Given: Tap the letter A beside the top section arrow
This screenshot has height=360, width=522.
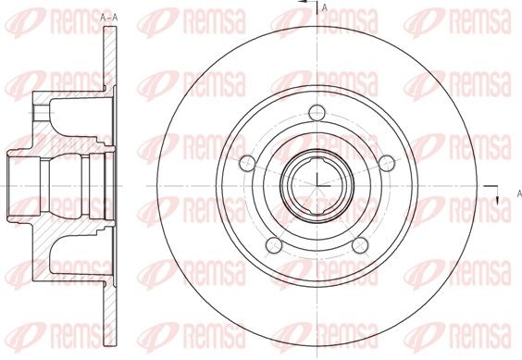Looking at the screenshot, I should pos(325,8).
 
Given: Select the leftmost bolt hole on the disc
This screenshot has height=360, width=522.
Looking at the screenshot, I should pos(246,164).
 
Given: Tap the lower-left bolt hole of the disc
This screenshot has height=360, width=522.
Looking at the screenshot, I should pos(273,245).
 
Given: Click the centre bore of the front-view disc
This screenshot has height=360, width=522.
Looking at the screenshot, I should pos(317,180).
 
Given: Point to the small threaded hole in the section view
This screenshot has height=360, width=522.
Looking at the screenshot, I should pos(41,114).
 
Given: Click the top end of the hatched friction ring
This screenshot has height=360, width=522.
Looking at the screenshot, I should pos(111,37).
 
